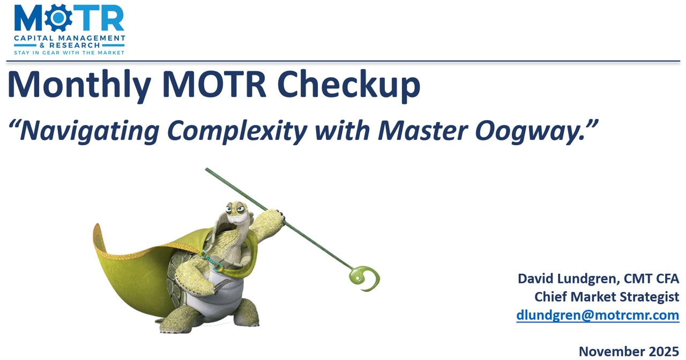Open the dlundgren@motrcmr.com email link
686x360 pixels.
click(598, 315)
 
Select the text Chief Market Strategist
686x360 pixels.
click(607, 297)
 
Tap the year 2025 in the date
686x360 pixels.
click(660, 351)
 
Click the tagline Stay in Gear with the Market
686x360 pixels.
click(69, 52)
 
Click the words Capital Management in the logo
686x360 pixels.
click(69, 39)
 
